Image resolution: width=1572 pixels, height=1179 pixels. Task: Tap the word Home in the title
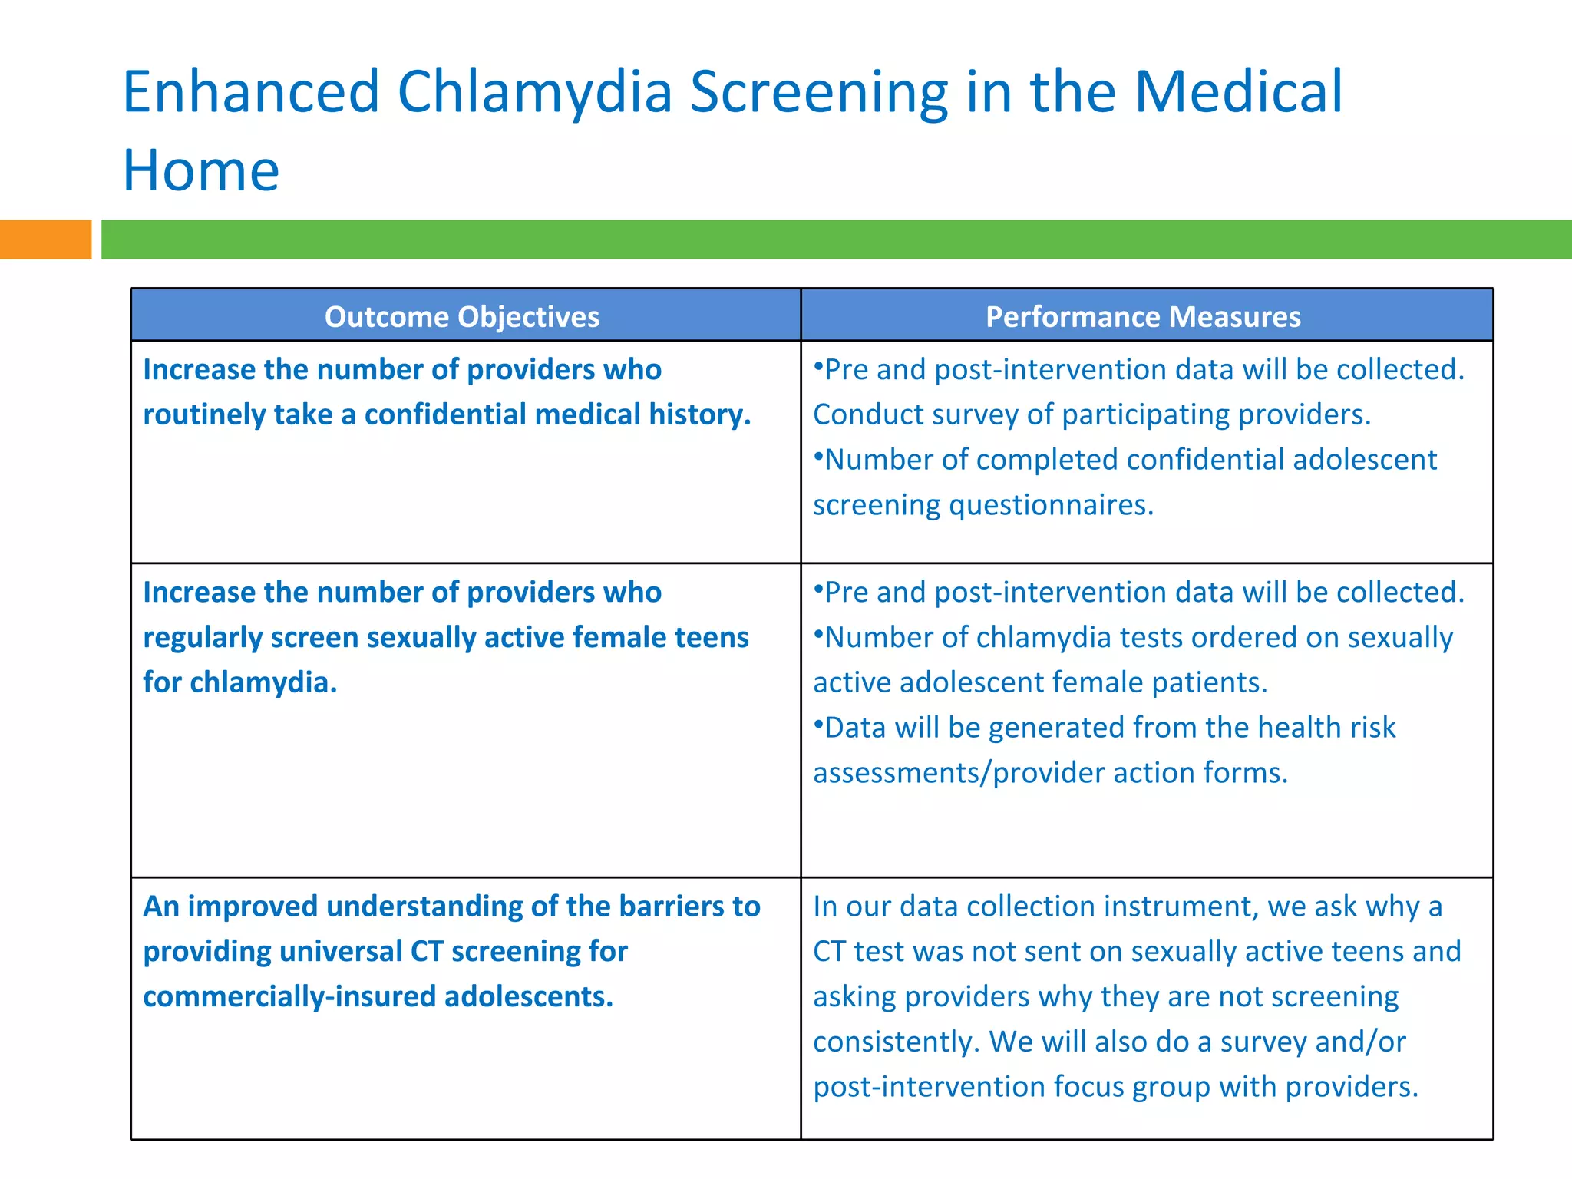201,170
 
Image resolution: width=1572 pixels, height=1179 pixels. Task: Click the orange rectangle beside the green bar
45,239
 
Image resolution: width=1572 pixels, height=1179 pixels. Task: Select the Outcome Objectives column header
462,316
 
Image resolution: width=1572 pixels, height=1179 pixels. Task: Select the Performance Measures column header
1143,316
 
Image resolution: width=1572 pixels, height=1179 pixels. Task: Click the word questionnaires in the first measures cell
1051,505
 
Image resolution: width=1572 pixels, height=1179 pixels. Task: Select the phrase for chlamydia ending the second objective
239,682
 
